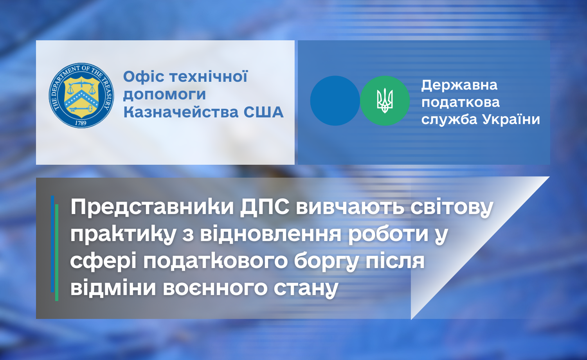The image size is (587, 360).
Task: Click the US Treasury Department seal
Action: [81, 95]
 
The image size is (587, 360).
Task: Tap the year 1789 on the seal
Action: [81, 123]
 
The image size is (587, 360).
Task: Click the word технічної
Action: [209, 77]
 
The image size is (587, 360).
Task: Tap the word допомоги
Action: [165, 95]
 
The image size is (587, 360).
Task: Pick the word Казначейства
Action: [181, 112]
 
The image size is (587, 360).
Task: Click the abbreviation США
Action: [263, 112]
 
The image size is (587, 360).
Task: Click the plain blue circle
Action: [335, 101]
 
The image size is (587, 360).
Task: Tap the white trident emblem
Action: [385, 101]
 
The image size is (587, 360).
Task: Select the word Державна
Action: [459, 85]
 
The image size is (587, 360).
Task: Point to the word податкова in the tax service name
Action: [461, 103]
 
